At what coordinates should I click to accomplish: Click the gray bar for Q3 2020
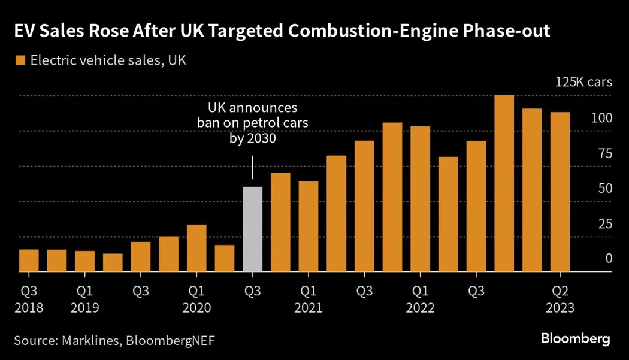pyautogui.click(x=252, y=229)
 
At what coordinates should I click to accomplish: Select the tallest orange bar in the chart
pyautogui.click(x=504, y=183)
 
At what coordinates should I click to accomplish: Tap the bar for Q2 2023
pyautogui.click(x=560, y=192)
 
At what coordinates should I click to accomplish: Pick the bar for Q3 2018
pyautogui.click(x=29, y=261)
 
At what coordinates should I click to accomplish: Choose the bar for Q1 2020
pyautogui.click(x=196, y=248)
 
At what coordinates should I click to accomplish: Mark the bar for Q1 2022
pyautogui.click(x=421, y=199)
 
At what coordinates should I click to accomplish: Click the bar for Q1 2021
pyautogui.click(x=309, y=226)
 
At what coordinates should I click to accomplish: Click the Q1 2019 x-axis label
pyautogui.click(x=85, y=299)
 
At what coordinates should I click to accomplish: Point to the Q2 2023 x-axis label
pyautogui.click(x=560, y=299)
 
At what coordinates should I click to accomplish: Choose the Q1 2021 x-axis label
pyautogui.click(x=309, y=299)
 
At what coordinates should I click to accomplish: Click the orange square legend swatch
pyautogui.click(x=19, y=60)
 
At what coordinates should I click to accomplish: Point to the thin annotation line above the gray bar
pyautogui.click(x=252, y=167)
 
